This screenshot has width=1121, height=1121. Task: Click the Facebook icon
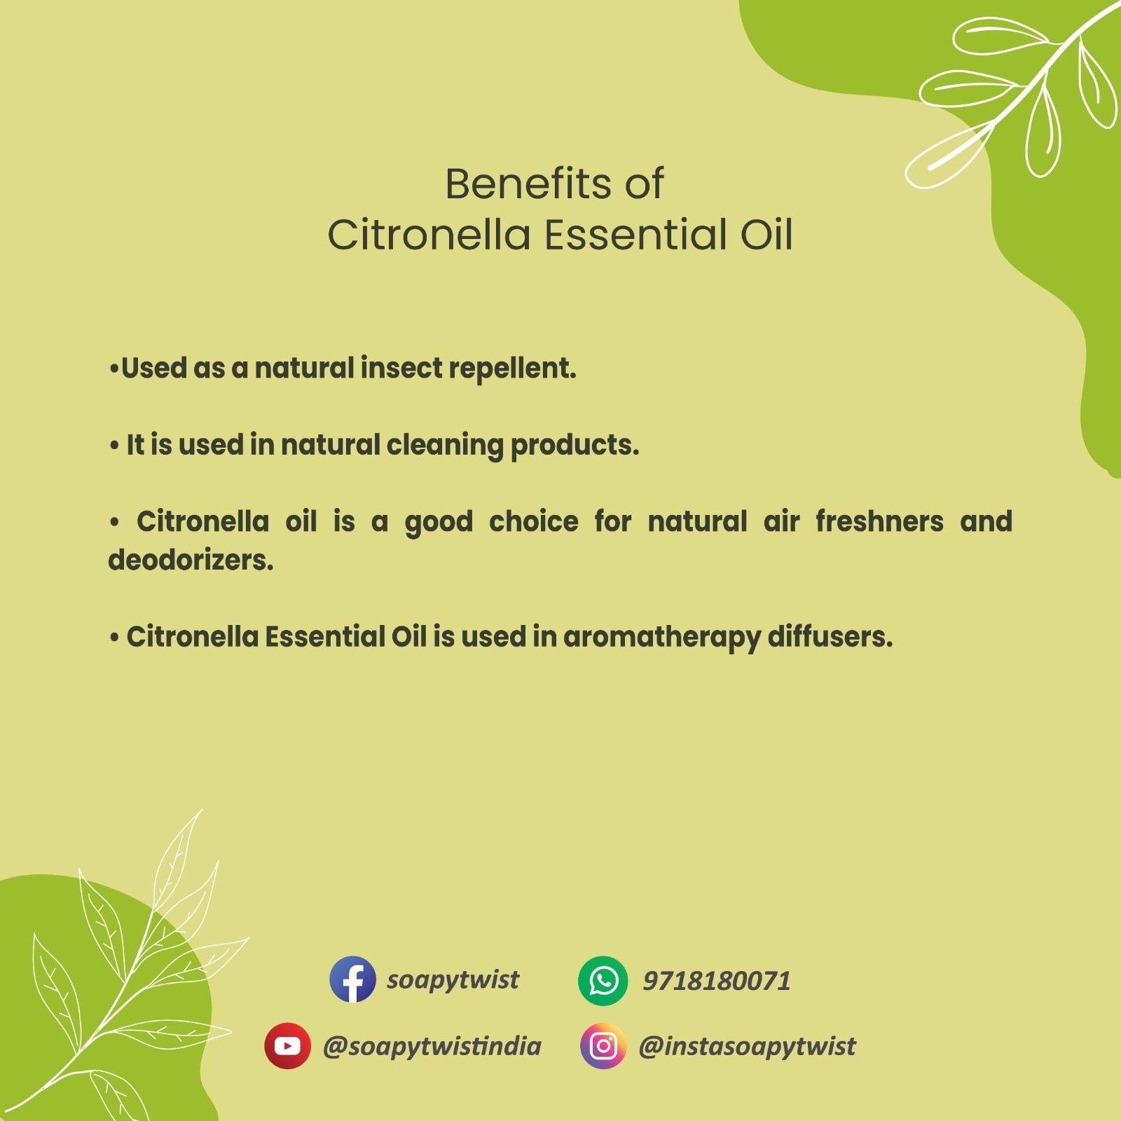pos(352,979)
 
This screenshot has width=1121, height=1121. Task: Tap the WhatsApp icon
pos(603,980)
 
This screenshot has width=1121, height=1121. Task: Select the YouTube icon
pos(287,1045)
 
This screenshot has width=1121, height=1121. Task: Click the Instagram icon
pos(603,1046)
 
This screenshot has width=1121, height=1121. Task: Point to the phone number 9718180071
pos(717,981)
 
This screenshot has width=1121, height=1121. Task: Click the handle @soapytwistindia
pos(432,1047)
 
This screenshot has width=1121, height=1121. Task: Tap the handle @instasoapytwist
pos(747,1047)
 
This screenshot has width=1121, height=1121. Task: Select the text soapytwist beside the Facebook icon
pos(453,980)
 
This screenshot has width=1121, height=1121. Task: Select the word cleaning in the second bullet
pos(444,446)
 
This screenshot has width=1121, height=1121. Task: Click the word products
pos(575,446)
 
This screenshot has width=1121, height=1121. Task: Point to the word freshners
pos(879,521)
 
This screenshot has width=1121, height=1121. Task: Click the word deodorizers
pos(191,560)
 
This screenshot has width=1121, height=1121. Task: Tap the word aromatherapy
pos(661,638)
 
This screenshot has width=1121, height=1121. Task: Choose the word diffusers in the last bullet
pos(830,637)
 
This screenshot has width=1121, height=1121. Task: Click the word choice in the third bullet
pos(534,521)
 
